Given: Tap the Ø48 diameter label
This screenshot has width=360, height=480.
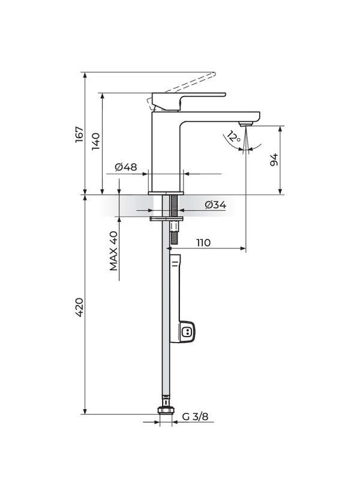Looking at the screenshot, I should [126, 167].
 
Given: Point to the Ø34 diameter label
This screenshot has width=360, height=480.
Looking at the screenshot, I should [215, 205].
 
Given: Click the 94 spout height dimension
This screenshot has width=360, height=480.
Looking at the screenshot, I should [274, 160].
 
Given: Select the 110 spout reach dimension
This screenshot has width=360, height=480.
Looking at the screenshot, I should [203, 242].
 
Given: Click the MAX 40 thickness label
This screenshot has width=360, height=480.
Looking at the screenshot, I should [113, 251].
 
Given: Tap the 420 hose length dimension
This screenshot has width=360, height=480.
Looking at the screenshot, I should [79, 307].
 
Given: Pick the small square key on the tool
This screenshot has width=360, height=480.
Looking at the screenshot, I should [187, 331].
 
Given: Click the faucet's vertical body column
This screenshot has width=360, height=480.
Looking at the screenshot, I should [166, 153].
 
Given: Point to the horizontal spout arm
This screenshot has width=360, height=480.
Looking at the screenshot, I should [222, 114].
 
